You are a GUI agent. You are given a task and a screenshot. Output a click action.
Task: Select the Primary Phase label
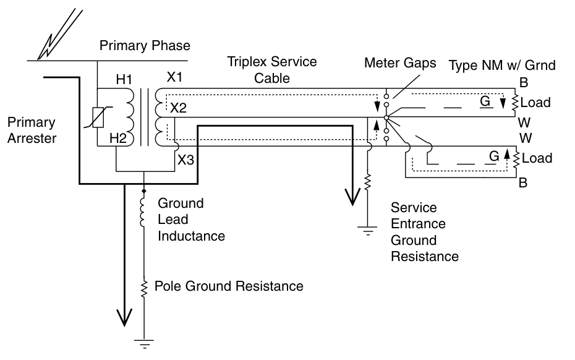[145, 46]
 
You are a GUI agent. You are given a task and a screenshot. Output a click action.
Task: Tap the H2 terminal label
[117, 138]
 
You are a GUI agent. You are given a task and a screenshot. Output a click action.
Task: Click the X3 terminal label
[186, 160]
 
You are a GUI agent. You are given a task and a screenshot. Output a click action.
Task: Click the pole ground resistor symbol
[144, 287]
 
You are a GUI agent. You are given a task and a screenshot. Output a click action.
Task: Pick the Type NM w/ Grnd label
[502, 64]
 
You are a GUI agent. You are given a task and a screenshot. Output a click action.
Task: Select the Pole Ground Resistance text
[229, 286]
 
